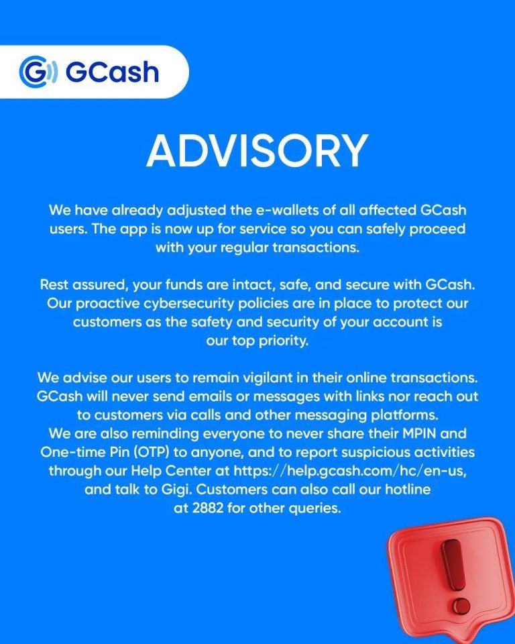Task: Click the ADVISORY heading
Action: (x=257, y=150)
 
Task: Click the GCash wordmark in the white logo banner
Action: (x=112, y=72)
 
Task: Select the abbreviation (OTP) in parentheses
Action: (x=151, y=452)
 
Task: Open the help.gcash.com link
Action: (x=349, y=471)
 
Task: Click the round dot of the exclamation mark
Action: (x=463, y=606)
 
